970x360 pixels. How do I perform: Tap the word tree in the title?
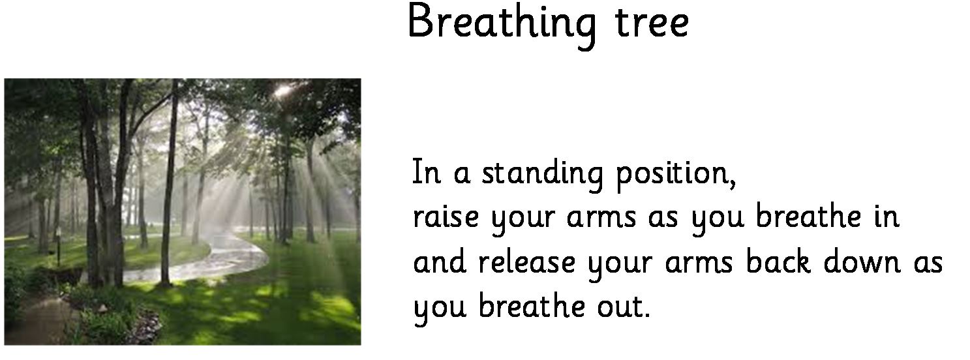(652, 23)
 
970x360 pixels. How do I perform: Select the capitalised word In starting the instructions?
(426, 172)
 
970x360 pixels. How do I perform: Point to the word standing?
(542, 174)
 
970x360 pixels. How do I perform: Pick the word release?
(527, 261)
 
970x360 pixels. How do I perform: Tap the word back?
(778, 261)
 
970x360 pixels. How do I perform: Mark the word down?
(862, 261)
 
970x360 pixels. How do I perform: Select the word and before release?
(439, 261)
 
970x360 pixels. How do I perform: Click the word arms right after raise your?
(601, 217)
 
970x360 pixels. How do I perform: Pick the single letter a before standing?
(462, 174)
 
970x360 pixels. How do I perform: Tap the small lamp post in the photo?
(58, 247)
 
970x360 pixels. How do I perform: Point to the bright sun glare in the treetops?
(284, 91)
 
